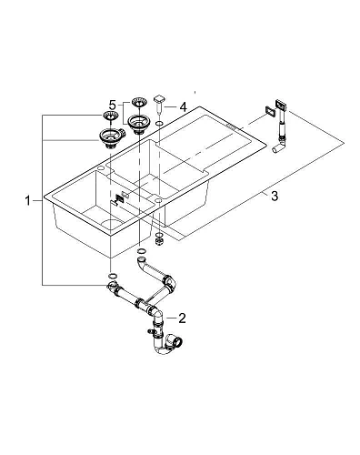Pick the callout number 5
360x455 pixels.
pyautogui.click(x=113, y=104)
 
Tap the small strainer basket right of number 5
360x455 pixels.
pyautogui.click(x=139, y=102)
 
